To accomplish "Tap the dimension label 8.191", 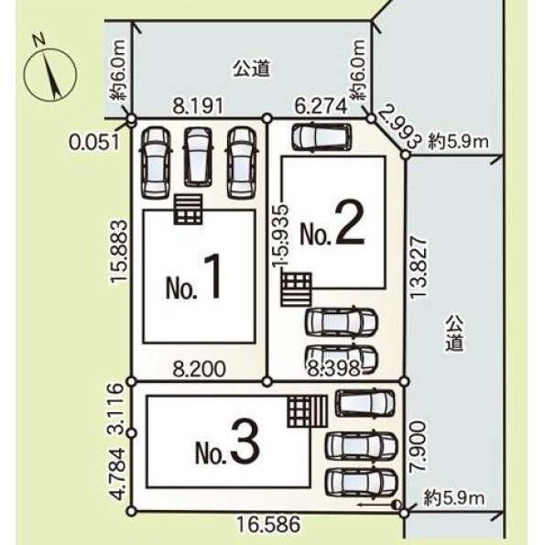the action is pyautogui.click(x=198, y=106).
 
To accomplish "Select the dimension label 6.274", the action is pyautogui.click(x=321, y=106).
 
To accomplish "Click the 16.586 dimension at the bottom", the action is pyautogui.click(x=268, y=524).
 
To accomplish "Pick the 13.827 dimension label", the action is pyautogui.click(x=418, y=267).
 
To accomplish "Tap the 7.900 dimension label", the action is pyautogui.click(x=418, y=446).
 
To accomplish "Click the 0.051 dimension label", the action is pyautogui.click(x=93, y=142).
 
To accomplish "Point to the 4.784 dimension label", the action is pyautogui.click(x=115, y=474).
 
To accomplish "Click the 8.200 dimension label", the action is pyautogui.click(x=199, y=369).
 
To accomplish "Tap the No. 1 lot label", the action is pyautogui.click(x=193, y=277).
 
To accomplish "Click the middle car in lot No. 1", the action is pyautogui.click(x=198, y=157).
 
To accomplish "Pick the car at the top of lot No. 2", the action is pyautogui.click(x=321, y=136).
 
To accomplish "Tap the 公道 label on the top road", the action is pyautogui.click(x=252, y=68).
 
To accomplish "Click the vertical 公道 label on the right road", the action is pyautogui.click(x=455, y=333).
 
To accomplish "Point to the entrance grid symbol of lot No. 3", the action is pyautogui.click(x=308, y=411).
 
